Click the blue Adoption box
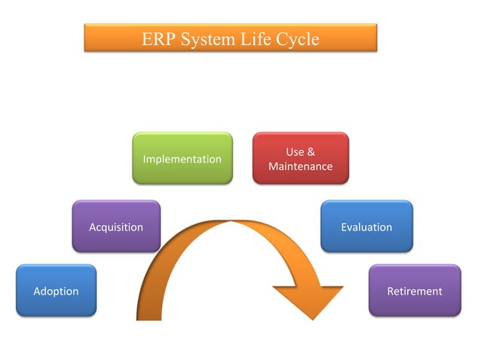56,290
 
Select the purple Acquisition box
116,226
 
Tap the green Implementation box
182,158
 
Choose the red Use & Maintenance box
300,158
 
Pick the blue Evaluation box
366,226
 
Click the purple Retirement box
414,290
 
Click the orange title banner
230,38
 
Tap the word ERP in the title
158,38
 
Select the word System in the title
207,38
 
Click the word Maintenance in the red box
300,166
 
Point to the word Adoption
56,291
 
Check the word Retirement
414,291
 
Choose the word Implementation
182,159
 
